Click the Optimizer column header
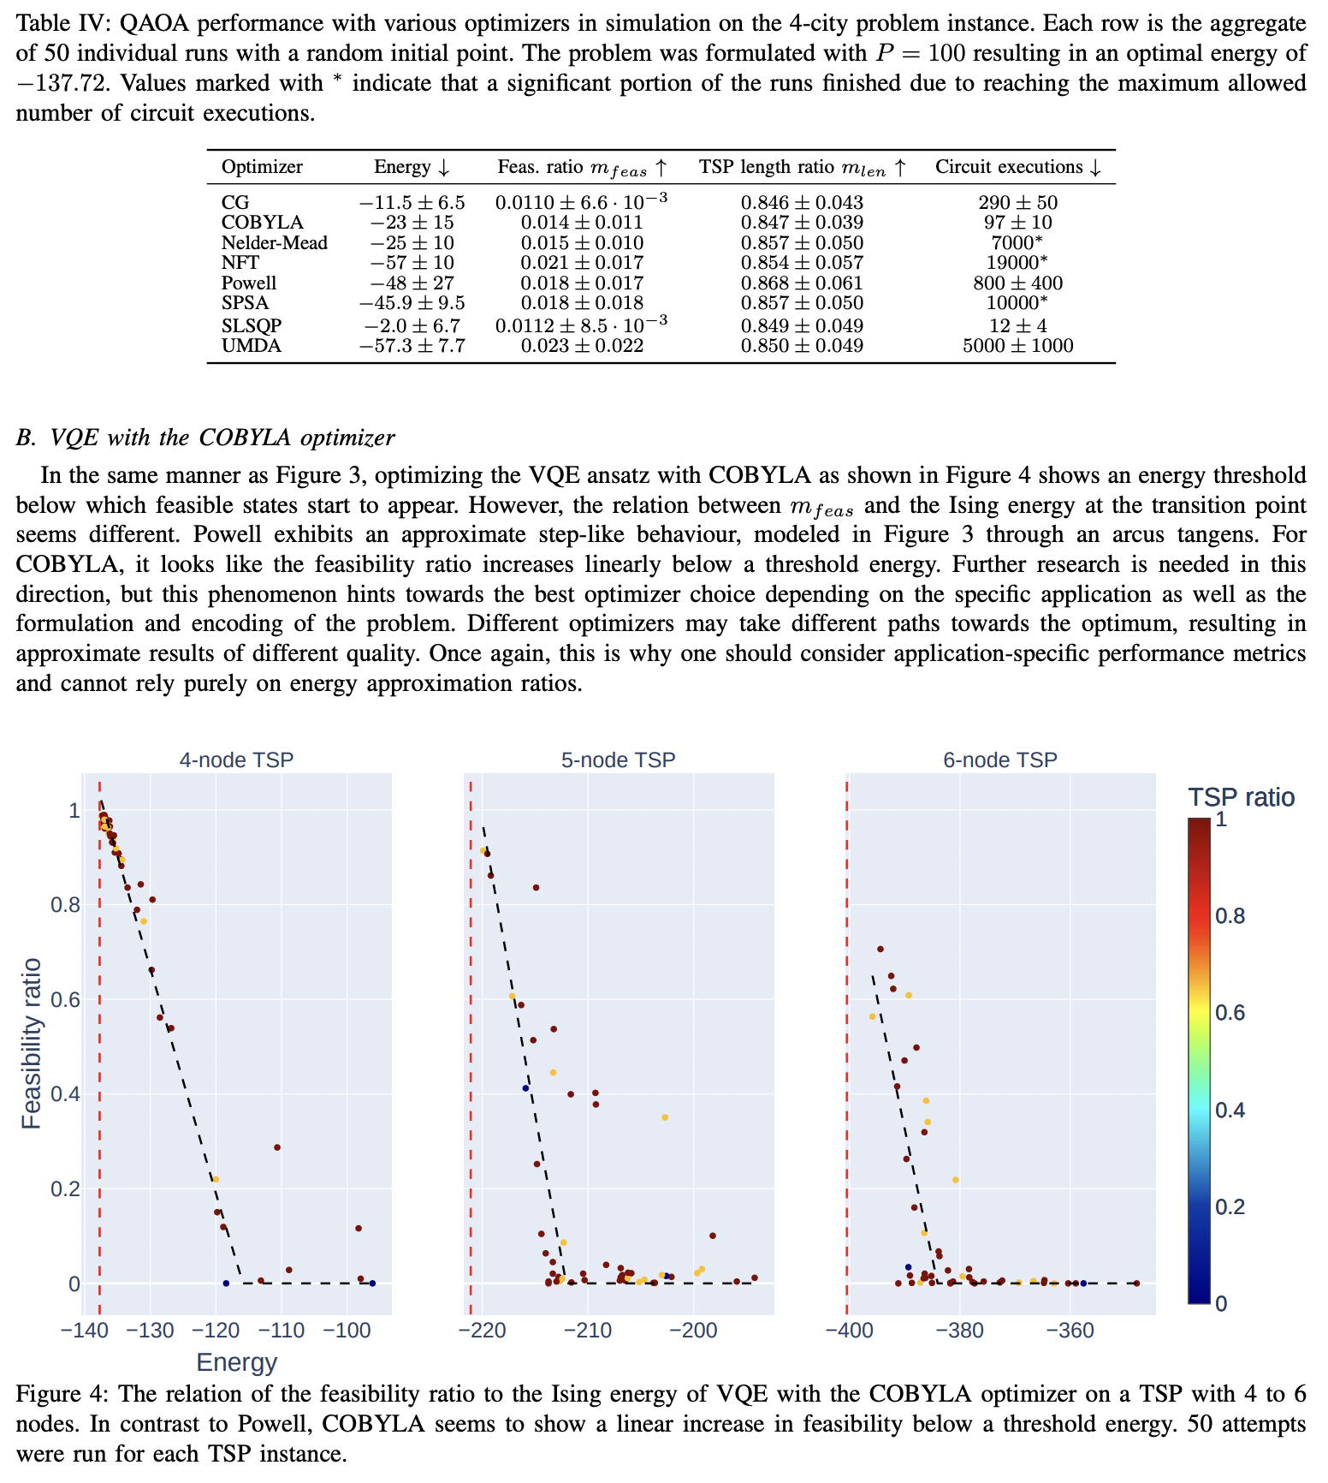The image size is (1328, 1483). click(x=262, y=167)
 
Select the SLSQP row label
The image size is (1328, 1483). click(x=251, y=326)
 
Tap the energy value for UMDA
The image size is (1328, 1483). click(x=412, y=346)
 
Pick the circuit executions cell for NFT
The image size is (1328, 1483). click(x=1017, y=263)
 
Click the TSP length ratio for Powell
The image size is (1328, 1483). click(x=802, y=283)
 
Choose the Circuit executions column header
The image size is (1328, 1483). click(x=1017, y=167)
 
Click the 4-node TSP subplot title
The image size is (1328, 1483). click(x=236, y=759)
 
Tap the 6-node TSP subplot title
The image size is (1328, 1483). click(x=1000, y=759)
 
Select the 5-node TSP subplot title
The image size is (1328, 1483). click(x=618, y=759)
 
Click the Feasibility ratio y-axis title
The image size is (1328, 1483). click(x=31, y=1044)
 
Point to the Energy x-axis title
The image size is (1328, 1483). click(x=237, y=1362)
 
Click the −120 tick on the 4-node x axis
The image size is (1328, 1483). click(x=216, y=1331)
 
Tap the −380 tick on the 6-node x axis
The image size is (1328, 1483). click(x=959, y=1331)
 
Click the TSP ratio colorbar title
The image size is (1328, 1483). click(x=1241, y=797)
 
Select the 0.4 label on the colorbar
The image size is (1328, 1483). click(x=1232, y=1110)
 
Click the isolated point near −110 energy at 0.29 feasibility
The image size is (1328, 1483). click(x=277, y=1147)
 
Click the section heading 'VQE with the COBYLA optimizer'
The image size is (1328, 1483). click(x=205, y=438)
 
